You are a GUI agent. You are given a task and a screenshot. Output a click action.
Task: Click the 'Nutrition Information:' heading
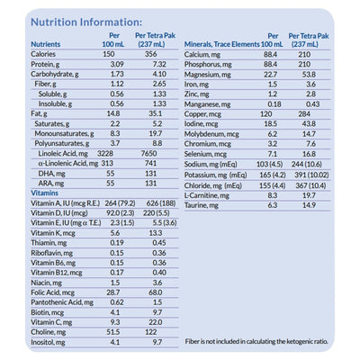(x=85, y=22)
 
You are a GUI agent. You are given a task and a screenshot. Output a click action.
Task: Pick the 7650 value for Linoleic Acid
(x=155, y=153)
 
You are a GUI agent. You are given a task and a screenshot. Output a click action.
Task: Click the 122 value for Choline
(x=156, y=331)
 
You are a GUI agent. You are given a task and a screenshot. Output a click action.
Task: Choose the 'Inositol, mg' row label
(x=50, y=342)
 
